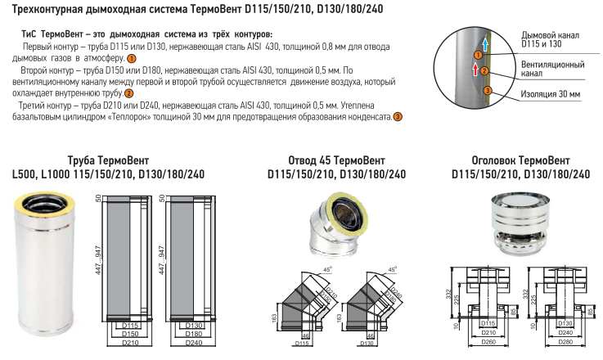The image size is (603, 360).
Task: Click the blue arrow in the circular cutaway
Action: [x=486, y=44]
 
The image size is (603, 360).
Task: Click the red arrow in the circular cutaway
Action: [x=475, y=70]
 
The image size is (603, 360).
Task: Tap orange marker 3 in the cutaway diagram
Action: [x=488, y=91]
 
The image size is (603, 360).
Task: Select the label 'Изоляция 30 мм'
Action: [x=551, y=94]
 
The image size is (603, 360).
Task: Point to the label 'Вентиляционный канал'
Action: [x=552, y=69]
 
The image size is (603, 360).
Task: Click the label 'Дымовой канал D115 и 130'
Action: [x=550, y=39]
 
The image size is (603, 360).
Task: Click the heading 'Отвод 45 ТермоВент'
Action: [x=336, y=160]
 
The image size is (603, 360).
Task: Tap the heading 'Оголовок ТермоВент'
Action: [x=520, y=160]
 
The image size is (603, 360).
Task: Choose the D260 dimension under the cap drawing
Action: [x=488, y=342]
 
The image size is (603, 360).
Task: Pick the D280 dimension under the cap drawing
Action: [x=565, y=342]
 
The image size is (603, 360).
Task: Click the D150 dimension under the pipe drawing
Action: [x=130, y=334]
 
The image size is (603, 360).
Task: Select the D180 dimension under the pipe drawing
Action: [x=194, y=334]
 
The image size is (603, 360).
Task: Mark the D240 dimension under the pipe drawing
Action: [x=194, y=342]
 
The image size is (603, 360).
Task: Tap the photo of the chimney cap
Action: [x=520, y=224]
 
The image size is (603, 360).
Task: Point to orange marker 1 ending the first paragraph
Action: [x=132, y=59]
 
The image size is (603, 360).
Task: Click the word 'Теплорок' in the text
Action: [x=128, y=116]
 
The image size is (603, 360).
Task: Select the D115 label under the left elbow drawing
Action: [x=301, y=344]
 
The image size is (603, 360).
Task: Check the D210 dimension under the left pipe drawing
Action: [x=130, y=342]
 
